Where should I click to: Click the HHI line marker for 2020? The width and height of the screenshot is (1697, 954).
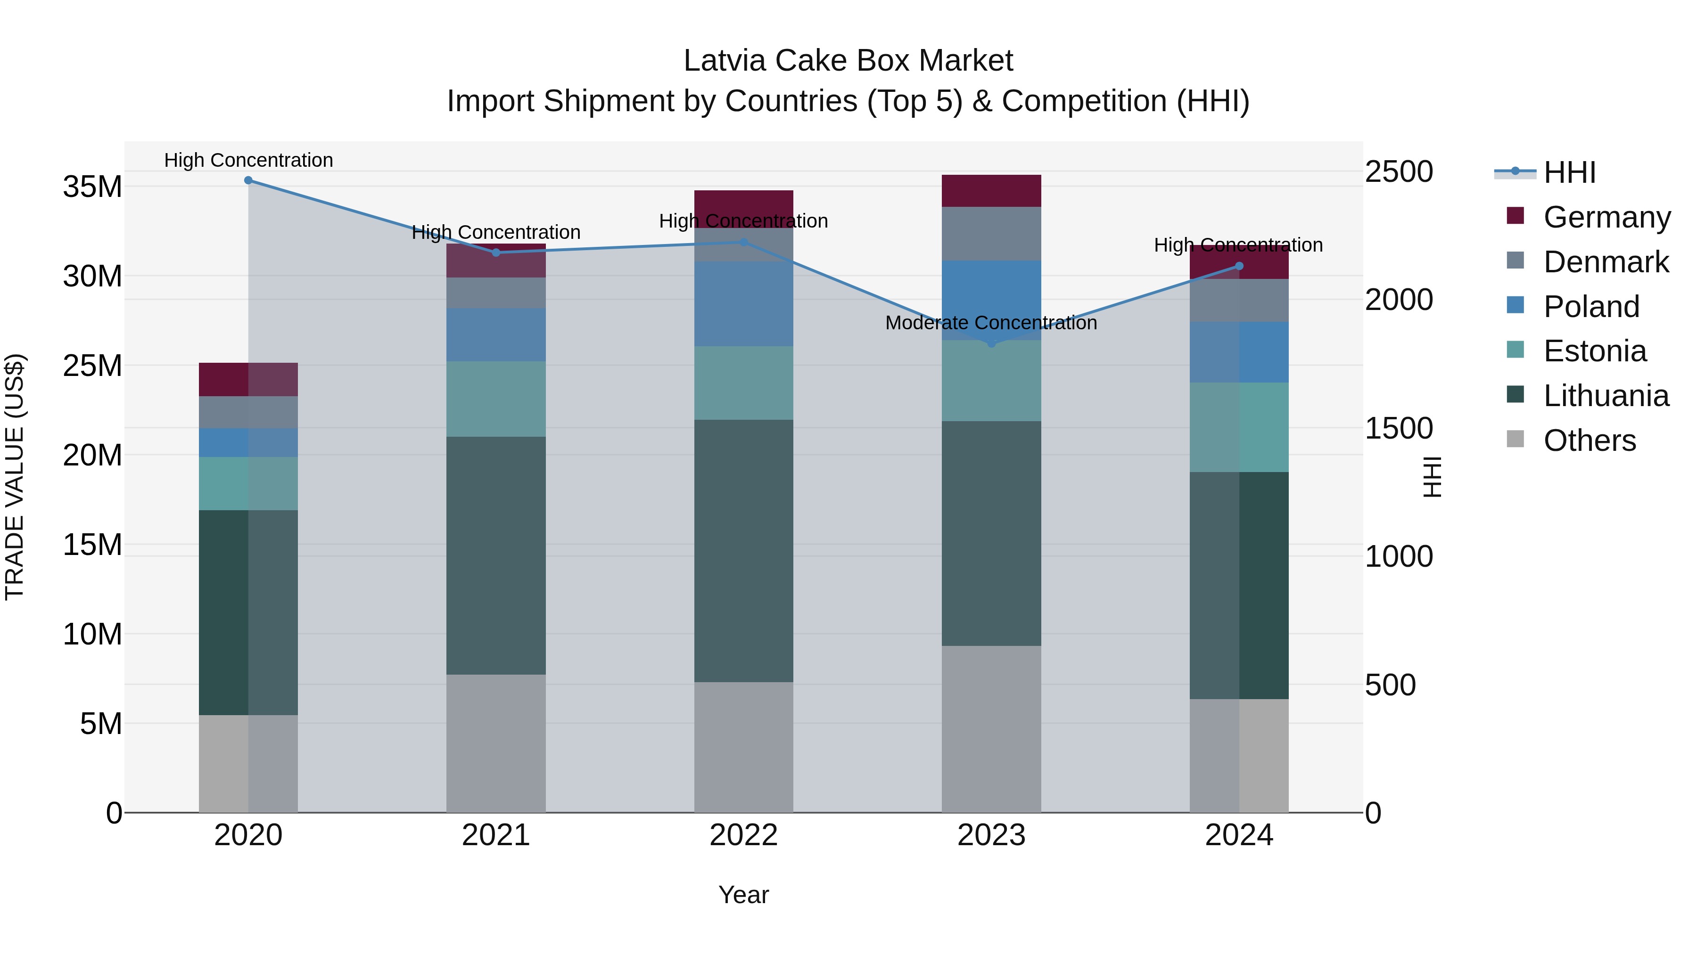point(248,180)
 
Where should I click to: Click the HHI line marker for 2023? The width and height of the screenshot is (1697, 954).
point(991,343)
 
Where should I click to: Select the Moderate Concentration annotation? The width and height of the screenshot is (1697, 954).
point(991,323)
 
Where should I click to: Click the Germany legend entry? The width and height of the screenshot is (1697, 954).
point(1606,217)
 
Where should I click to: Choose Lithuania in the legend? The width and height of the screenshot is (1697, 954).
point(1606,396)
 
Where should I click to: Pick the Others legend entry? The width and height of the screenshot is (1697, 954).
point(1589,440)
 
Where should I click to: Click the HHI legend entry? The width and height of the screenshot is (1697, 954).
point(1569,172)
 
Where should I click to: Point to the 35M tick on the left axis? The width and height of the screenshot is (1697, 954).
point(92,187)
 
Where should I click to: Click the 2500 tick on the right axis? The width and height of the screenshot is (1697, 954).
point(1399,172)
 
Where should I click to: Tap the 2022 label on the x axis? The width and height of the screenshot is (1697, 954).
point(744,835)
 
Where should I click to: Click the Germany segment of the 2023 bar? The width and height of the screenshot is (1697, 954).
point(991,191)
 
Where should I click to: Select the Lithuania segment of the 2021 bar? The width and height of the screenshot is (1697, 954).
point(496,555)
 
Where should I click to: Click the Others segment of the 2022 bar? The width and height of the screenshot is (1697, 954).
point(744,747)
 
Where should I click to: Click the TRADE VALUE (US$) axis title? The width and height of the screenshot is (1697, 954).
point(15,477)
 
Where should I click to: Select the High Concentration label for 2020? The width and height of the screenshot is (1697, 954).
point(248,160)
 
